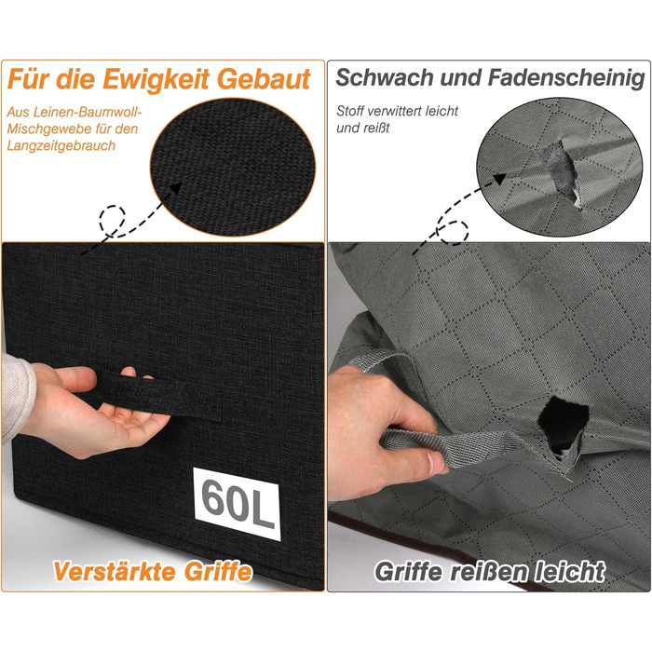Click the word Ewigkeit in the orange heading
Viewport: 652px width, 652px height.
tap(156, 80)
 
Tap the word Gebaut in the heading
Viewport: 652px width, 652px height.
tap(264, 79)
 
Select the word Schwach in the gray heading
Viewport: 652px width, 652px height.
tap(385, 77)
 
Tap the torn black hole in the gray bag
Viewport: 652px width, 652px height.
tap(563, 423)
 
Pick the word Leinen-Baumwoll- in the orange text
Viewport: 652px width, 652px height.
tap(88, 113)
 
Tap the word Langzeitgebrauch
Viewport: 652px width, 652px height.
tap(61, 146)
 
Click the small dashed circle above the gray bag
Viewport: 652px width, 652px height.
tap(455, 232)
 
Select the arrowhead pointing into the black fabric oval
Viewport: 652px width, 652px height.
tap(175, 187)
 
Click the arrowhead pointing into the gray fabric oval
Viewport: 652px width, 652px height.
tap(499, 179)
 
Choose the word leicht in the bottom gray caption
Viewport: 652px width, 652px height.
tap(569, 571)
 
